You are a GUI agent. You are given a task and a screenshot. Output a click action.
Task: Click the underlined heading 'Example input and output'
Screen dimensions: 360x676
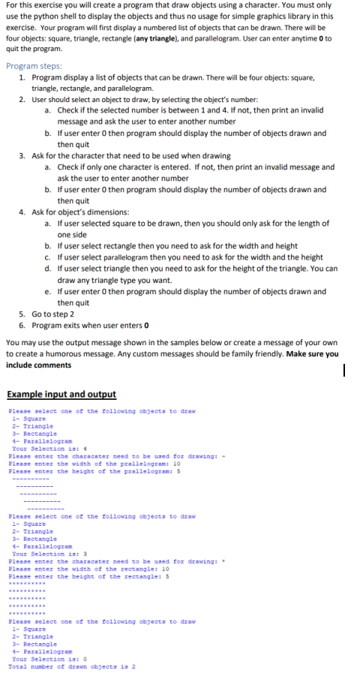[x=61, y=394]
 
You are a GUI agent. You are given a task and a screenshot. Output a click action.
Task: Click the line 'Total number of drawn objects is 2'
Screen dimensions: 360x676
[x=70, y=666]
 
